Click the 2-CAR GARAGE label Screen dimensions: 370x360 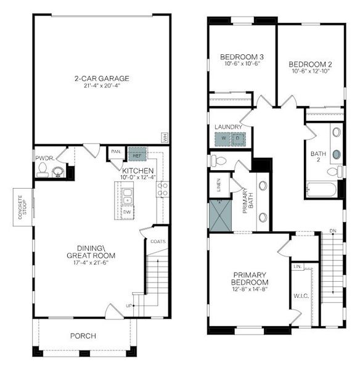pyautogui.click(x=102, y=78)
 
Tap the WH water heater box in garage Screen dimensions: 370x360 pyautogui.click(x=165, y=137)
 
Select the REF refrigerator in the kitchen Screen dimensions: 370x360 pyautogui.click(x=136, y=154)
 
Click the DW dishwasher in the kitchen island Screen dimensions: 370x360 pyautogui.click(x=126, y=212)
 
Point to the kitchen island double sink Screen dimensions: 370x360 pyautogui.click(x=126, y=196)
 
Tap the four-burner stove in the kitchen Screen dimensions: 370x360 pyautogui.click(x=163, y=189)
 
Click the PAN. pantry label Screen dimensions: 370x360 pyautogui.click(x=115, y=152)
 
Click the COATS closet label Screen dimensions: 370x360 pyautogui.click(x=158, y=241)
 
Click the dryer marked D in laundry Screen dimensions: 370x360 pyautogui.click(x=237, y=139)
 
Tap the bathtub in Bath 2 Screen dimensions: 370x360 pyautogui.click(x=321, y=189)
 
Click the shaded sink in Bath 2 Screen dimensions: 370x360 pyautogui.click(x=337, y=154)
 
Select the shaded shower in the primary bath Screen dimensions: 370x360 pyautogui.click(x=219, y=214)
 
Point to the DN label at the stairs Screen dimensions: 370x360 pyautogui.click(x=333, y=231)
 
